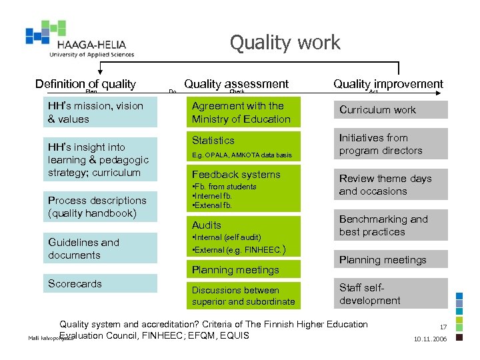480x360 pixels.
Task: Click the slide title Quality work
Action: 285,43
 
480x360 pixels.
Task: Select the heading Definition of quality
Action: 85,83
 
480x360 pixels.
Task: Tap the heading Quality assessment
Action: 236,83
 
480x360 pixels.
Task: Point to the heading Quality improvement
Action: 388,83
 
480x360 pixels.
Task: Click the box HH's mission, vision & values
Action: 101,113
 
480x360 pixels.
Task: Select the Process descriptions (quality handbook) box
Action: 101,207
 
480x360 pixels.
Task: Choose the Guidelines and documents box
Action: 101,249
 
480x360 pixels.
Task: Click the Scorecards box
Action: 101,284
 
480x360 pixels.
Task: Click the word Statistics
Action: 213,141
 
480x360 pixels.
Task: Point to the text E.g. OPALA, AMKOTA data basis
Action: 242,155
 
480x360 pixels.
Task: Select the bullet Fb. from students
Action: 224,187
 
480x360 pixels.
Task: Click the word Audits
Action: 207,225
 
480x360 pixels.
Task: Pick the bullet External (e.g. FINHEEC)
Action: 238,251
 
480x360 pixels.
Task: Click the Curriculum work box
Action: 391,110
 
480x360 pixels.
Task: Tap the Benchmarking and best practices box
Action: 391,225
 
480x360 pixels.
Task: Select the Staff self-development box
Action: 391,294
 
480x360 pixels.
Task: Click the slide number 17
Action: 443,327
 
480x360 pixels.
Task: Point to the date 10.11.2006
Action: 431,339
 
